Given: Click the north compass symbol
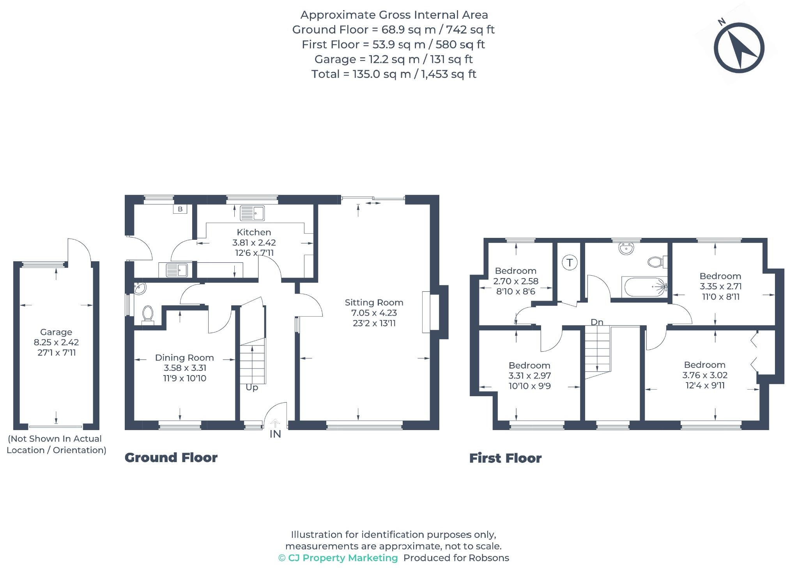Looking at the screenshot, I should point(739,48).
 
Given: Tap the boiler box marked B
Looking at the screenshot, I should point(180,209).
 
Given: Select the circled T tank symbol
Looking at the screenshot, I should point(570,262).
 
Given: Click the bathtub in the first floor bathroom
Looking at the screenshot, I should point(645,287).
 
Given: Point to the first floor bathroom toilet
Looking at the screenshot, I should point(657,262).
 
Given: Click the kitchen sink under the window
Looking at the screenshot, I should point(252,213).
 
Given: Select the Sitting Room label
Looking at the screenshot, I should point(374,302).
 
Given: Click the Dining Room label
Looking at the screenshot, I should point(184,358).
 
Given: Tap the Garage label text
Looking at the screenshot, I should point(56,332).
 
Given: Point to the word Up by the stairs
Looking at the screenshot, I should point(252,388).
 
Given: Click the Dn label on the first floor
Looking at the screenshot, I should point(597,322).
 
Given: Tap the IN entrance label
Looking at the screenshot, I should point(275,434).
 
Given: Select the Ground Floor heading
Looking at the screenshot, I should point(171,457).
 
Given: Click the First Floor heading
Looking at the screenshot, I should point(505,458).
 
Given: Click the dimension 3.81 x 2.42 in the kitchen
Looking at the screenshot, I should point(254,243).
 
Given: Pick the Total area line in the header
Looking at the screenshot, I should point(394,74).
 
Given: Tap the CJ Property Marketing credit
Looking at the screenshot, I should point(338,558).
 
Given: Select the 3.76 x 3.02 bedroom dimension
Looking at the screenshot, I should point(705,375).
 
